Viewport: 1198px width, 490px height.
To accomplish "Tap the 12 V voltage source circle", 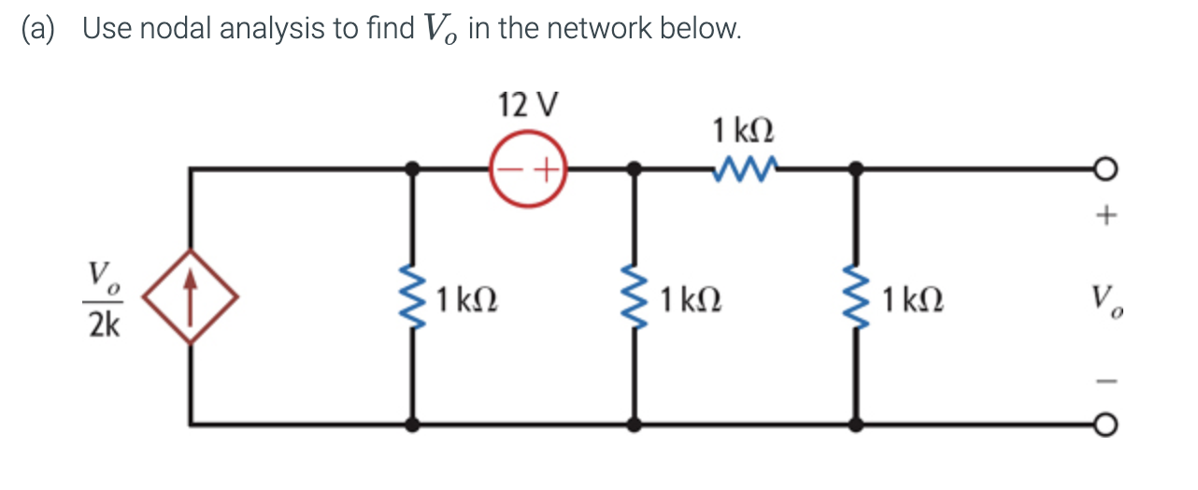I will tap(529, 170).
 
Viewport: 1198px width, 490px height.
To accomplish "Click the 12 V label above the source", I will tap(529, 105).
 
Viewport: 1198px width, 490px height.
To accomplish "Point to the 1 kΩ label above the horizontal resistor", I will tap(744, 129).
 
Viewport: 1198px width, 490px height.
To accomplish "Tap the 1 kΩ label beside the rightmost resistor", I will tap(911, 299).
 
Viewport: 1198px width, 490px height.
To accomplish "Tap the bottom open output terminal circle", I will tap(1105, 425).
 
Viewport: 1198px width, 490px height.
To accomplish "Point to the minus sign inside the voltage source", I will tap(509, 170).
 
